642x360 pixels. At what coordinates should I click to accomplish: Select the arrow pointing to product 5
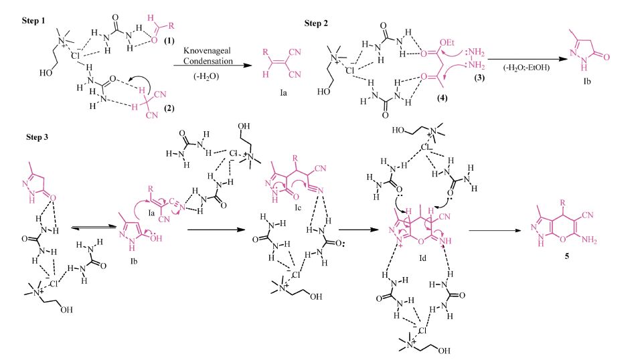494,231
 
